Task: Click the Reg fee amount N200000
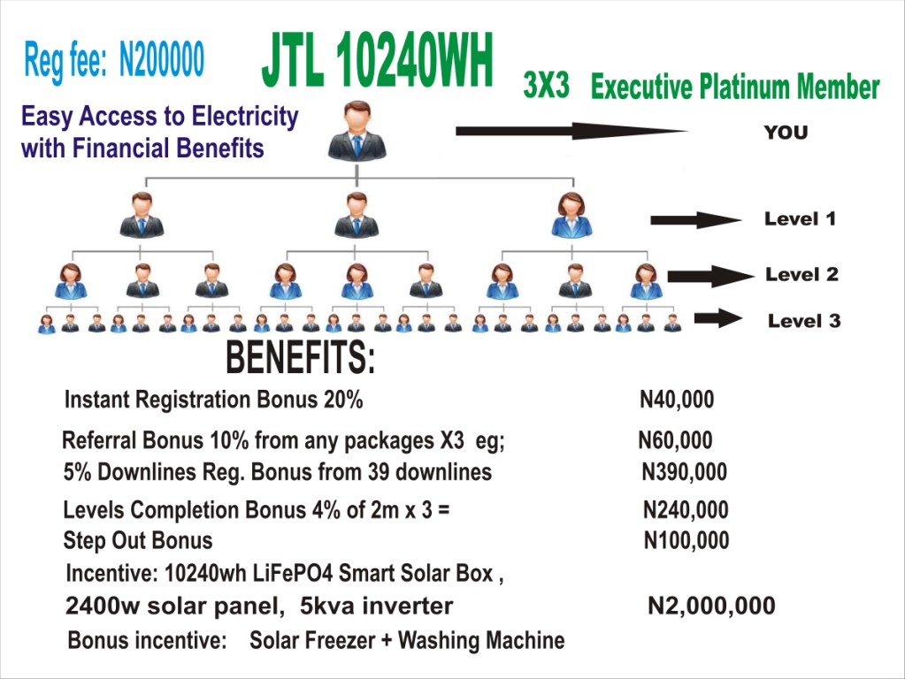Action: pyautogui.click(x=162, y=61)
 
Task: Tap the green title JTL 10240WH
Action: pyautogui.click(x=377, y=64)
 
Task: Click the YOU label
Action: pyautogui.click(x=786, y=134)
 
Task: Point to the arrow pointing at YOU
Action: pyautogui.click(x=571, y=132)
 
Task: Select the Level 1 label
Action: pyautogui.click(x=800, y=218)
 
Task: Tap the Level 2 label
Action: pyautogui.click(x=801, y=274)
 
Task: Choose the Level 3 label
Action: pyautogui.click(x=803, y=321)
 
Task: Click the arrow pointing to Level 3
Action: pyautogui.click(x=717, y=318)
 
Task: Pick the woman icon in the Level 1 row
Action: pyautogui.click(x=571, y=215)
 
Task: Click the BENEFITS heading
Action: pyautogui.click(x=301, y=358)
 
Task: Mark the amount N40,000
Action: pyautogui.click(x=677, y=401)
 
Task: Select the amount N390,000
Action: pyautogui.click(x=684, y=472)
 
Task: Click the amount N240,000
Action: pyautogui.click(x=686, y=510)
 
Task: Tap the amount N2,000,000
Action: pyautogui.click(x=711, y=607)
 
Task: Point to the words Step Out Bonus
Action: pyautogui.click(x=138, y=540)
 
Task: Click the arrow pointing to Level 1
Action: pyautogui.click(x=694, y=220)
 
